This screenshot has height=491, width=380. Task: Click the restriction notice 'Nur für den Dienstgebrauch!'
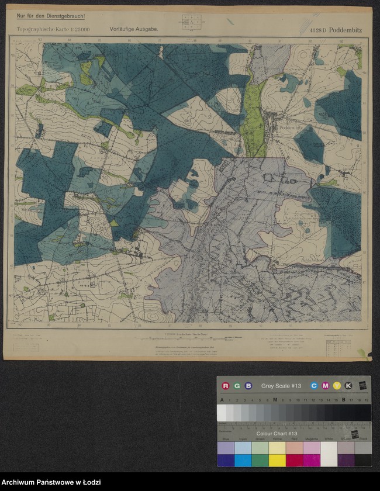click(50, 16)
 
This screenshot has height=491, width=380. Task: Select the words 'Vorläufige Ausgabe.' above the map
click(133, 28)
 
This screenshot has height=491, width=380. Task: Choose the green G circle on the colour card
click(237, 386)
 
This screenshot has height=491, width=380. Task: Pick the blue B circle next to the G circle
click(248, 386)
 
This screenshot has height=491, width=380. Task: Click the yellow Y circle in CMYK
click(337, 386)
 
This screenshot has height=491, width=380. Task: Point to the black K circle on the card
click(348, 386)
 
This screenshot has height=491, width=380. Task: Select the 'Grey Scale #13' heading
click(281, 386)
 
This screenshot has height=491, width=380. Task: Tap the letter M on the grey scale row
click(275, 400)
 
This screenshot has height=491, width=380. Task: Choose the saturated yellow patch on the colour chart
click(277, 460)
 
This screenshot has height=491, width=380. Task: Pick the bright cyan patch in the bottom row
click(242, 460)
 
